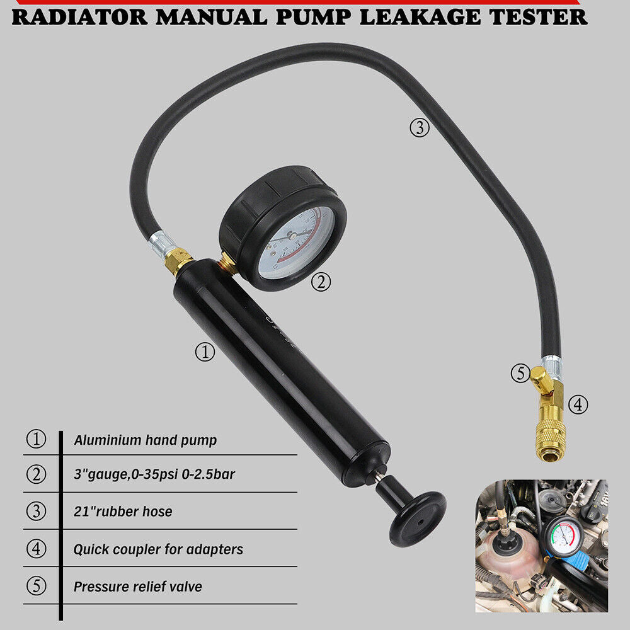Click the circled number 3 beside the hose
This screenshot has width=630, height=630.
click(420, 128)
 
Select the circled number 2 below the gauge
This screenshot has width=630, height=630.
click(321, 283)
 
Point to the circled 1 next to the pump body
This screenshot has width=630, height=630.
click(205, 352)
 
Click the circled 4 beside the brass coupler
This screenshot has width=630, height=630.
click(578, 404)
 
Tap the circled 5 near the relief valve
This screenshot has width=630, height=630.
click(520, 374)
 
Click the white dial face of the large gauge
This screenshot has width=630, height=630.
click(297, 243)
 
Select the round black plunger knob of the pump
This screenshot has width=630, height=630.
click(418, 510)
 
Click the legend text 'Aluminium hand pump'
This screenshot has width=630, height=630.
click(145, 440)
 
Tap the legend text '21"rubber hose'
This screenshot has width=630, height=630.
click(123, 512)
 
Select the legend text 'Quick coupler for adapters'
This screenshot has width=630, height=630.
click(158, 549)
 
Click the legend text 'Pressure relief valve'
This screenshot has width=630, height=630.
click(138, 587)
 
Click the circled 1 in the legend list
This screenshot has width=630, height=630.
click(36, 439)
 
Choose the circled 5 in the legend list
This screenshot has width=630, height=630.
click(36, 587)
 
